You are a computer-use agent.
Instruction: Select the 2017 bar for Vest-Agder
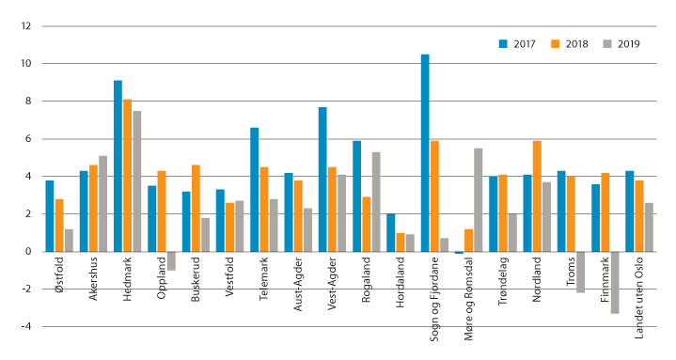point(322,180)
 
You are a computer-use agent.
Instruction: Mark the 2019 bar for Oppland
point(171,260)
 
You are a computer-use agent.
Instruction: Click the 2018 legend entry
point(569,43)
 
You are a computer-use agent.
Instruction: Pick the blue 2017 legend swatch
point(503,43)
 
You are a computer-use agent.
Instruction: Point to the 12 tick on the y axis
point(23,26)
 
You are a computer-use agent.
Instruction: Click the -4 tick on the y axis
point(24,327)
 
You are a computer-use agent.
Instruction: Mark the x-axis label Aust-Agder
point(298,281)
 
